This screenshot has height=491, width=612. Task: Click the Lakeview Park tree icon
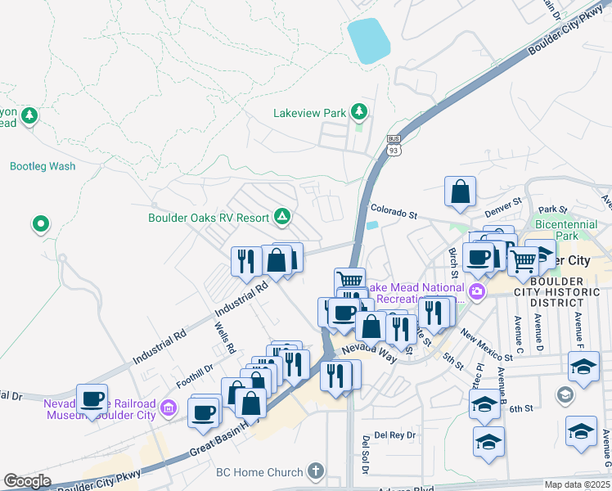click(x=358, y=111)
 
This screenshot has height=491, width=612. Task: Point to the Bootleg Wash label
click(x=43, y=166)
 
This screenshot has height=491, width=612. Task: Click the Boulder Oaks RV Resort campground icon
click(x=281, y=217)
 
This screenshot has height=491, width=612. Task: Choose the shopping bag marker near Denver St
click(x=461, y=191)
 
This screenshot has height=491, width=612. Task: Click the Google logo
click(x=26, y=481)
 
